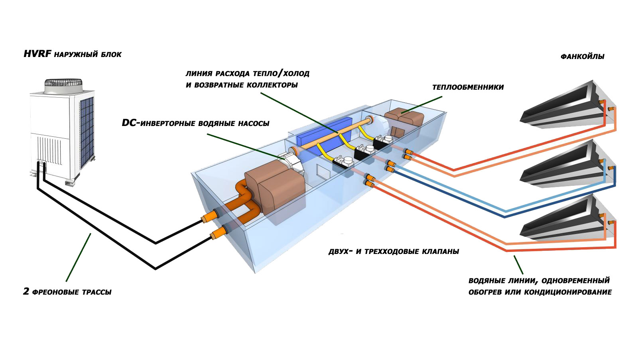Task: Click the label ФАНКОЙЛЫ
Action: tap(582, 57)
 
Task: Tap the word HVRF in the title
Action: tap(37, 54)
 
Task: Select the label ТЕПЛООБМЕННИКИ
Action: tap(468, 87)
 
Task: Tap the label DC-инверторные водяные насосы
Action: tap(195, 123)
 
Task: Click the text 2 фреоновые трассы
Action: tap(67, 292)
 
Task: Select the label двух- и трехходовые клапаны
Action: tap(394, 252)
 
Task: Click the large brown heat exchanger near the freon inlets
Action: tap(275, 187)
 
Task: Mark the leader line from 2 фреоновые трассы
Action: tap(78, 258)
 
